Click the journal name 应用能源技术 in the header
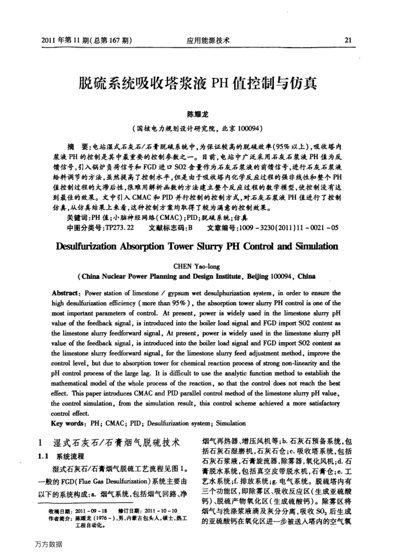208,41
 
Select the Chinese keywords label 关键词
78,217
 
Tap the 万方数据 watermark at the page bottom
48,544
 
